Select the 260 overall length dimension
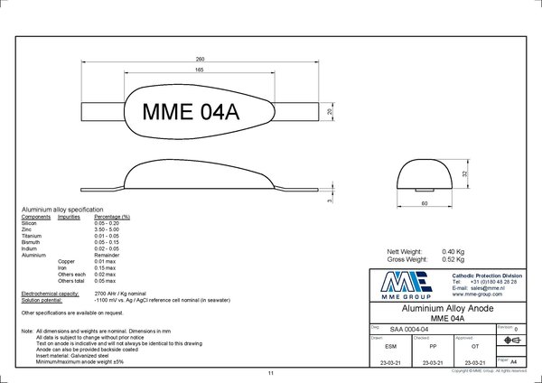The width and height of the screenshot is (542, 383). (x=201, y=58)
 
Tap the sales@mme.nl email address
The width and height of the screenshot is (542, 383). (x=473, y=287)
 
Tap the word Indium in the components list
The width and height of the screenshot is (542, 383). (x=30, y=248)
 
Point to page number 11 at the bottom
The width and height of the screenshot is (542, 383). (x=270, y=373)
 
